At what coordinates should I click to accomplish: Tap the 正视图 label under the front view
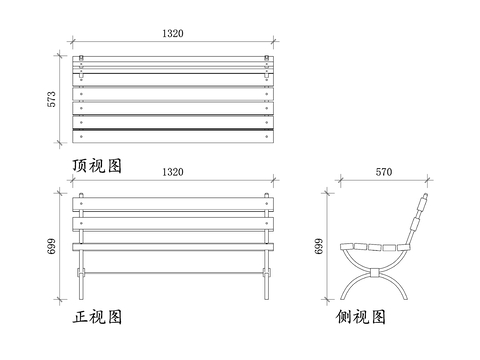(97, 318)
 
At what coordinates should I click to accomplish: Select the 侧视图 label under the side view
(362, 318)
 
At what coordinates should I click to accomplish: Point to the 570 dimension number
(384, 172)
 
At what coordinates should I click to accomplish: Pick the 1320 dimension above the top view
(172, 33)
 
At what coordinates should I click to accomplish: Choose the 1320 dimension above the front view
(172, 172)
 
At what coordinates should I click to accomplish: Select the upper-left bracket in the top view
(83, 69)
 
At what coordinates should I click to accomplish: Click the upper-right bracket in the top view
(267, 69)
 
